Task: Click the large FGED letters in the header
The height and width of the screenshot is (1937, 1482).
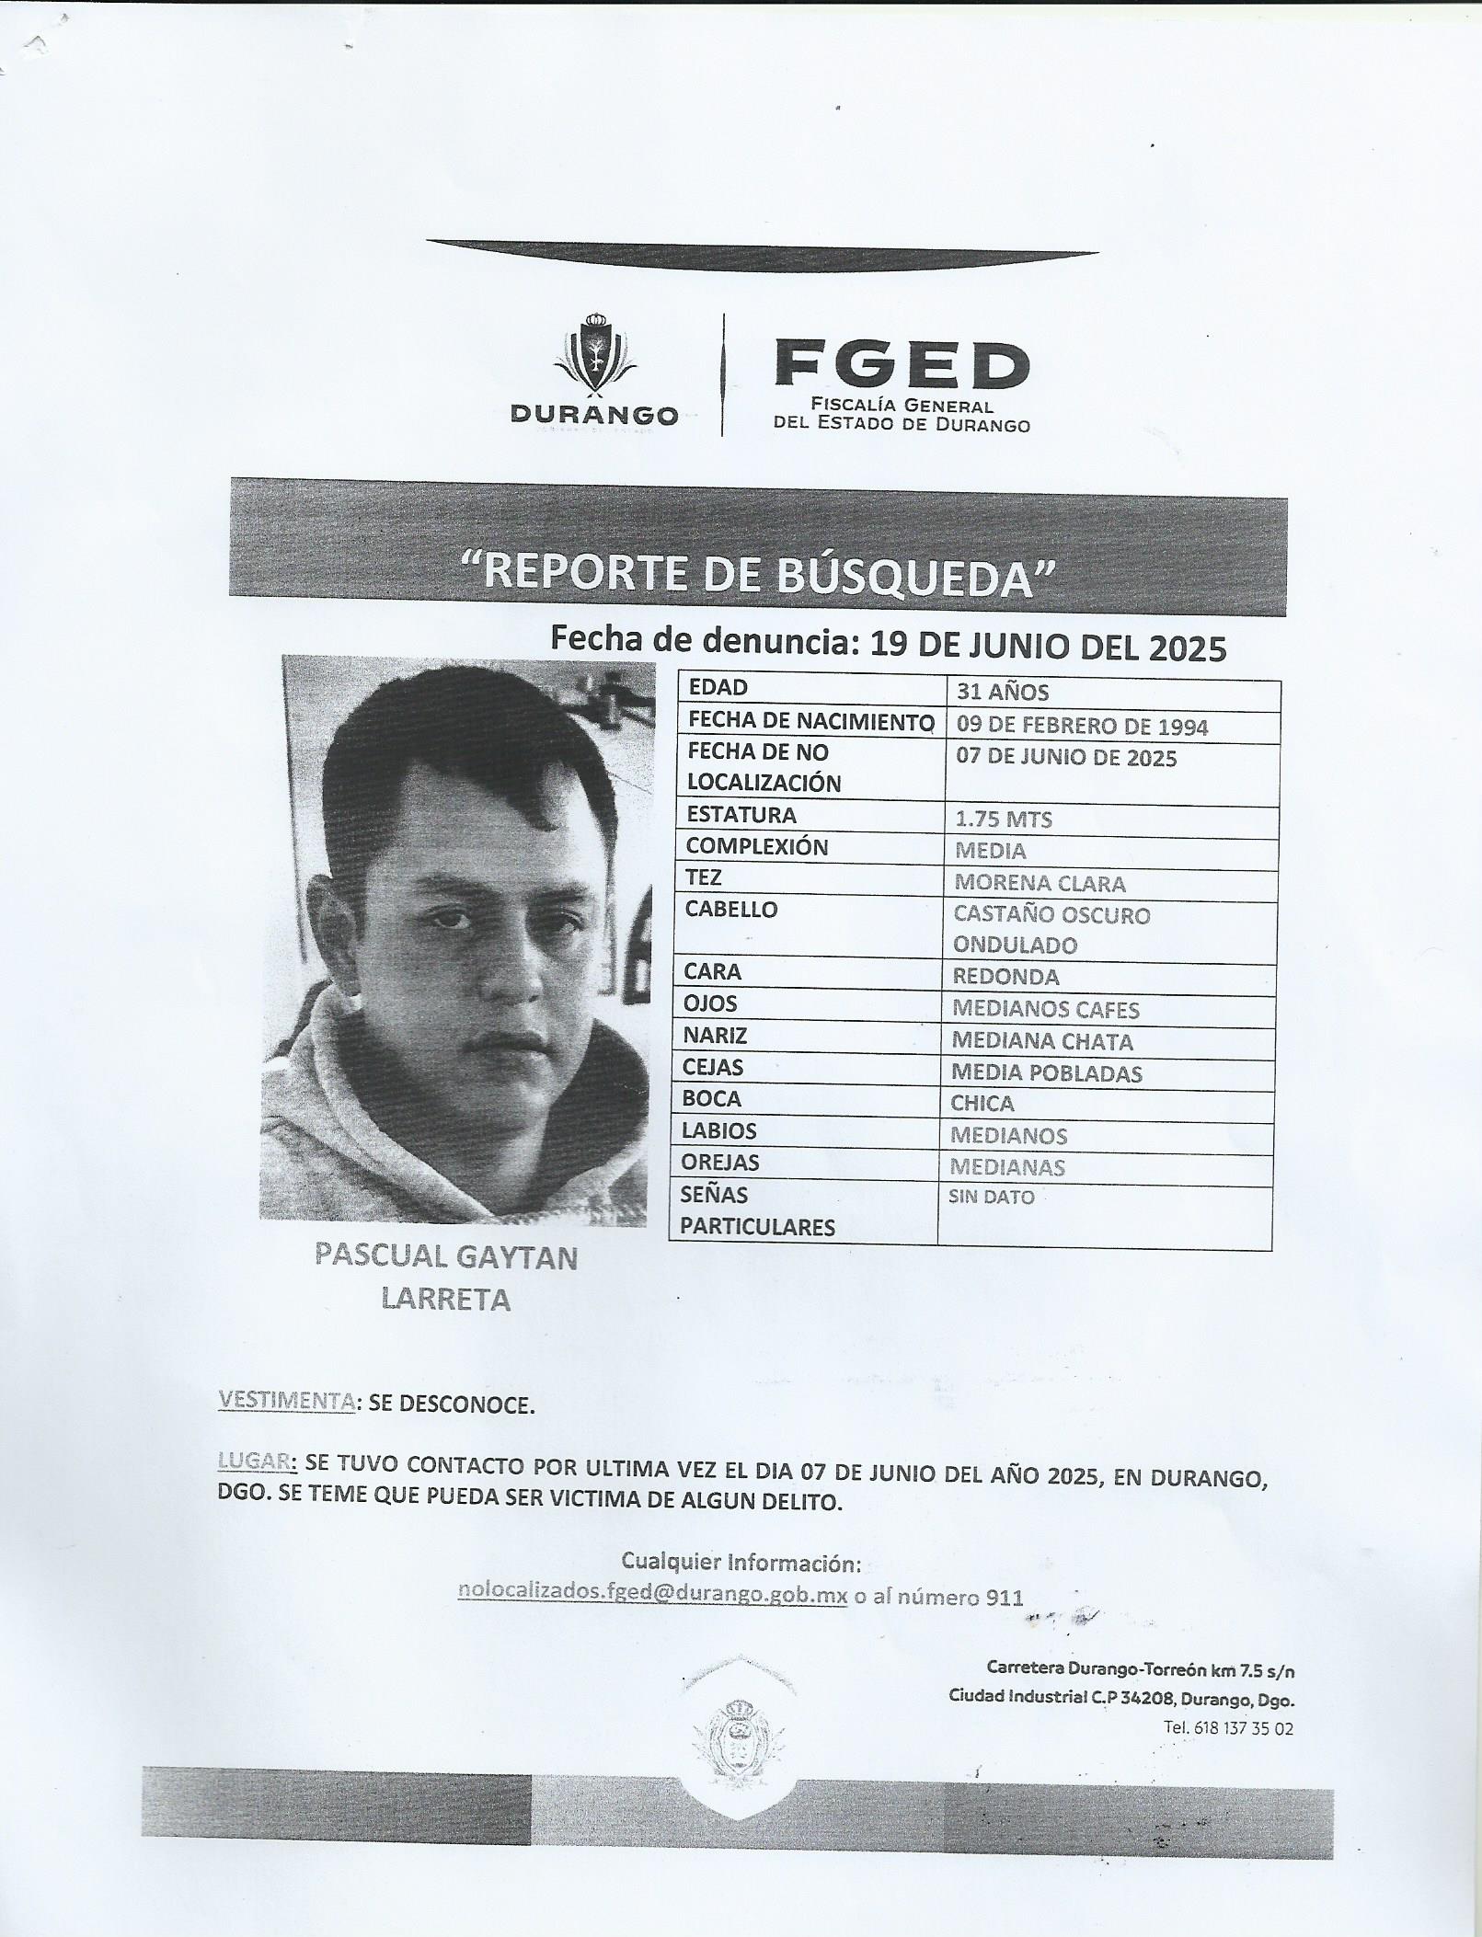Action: [x=901, y=364]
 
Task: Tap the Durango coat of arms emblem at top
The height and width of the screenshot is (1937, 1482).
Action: [x=594, y=354]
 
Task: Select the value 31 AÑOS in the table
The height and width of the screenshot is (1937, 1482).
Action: [x=1002, y=693]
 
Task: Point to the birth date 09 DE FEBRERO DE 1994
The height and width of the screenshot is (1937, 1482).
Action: [x=1082, y=727]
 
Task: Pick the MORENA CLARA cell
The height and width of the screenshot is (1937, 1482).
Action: [x=1039, y=883]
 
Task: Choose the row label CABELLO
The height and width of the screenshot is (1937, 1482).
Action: [x=731, y=910]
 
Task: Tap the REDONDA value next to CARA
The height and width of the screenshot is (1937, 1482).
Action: [x=1005, y=977]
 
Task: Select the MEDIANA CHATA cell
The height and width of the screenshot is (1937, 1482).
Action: [x=1042, y=1041]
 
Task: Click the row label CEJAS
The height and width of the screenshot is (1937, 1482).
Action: [x=713, y=1067]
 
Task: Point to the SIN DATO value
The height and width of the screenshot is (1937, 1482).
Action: [x=991, y=1197]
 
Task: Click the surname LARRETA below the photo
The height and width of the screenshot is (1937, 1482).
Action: [x=445, y=1299]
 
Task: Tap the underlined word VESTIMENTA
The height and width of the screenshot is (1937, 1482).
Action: [x=286, y=1427]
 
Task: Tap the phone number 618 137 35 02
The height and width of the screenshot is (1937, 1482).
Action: [x=1242, y=1728]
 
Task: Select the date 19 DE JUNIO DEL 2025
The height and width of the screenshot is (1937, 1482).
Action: [x=1048, y=647]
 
